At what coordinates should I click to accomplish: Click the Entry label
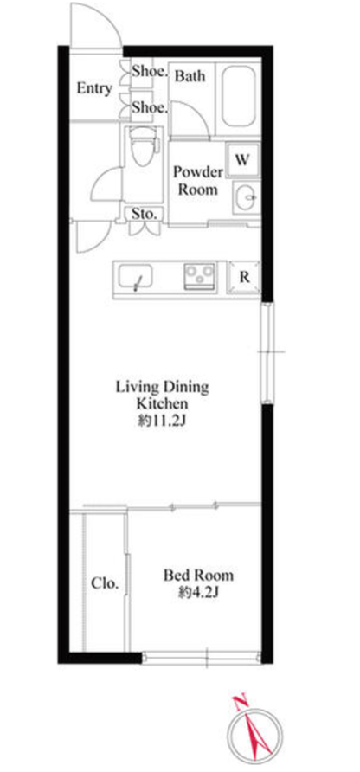click(x=94, y=88)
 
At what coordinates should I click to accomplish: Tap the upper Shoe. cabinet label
click(x=150, y=72)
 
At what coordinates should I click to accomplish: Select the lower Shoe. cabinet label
click(x=150, y=107)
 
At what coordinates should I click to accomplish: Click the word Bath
click(x=190, y=76)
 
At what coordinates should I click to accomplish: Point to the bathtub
click(x=238, y=97)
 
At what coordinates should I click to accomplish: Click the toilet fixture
click(x=144, y=142)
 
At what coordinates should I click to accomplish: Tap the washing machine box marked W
click(x=241, y=159)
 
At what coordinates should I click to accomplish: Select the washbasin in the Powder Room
click(x=245, y=198)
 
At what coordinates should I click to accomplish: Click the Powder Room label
click(x=198, y=181)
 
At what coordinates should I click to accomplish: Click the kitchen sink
click(x=134, y=278)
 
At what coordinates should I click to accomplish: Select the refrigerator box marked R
click(x=244, y=277)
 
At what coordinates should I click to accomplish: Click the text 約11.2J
click(x=162, y=421)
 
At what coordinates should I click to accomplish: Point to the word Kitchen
click(x=162, y=404)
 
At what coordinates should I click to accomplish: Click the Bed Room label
click(x=198, y=575)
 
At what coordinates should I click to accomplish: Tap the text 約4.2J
click(x=198, y=593)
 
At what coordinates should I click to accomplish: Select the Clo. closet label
click(x=105, y=584)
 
